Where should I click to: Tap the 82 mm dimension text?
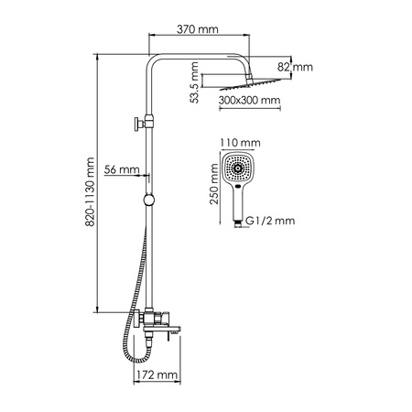pyautogui.click(x=296, y=67)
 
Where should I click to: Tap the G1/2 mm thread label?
pyautogui.click(x=276, y=220)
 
